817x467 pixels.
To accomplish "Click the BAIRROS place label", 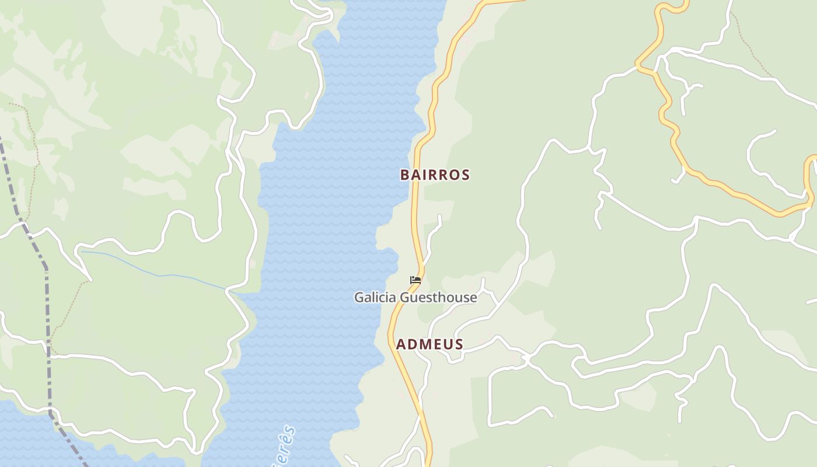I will coord(435,175).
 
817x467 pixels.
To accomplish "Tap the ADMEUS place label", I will coord(430,344).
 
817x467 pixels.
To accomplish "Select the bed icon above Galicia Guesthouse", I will coord(416,281).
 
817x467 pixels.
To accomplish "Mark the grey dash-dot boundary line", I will coord(47,304).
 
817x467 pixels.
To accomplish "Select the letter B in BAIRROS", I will coord(404,175).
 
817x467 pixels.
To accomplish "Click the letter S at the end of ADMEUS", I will coord(459,344).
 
